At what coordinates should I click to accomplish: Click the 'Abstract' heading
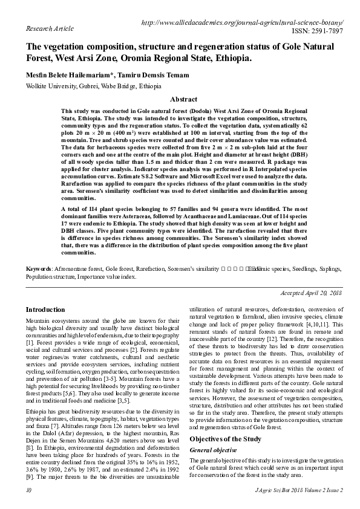184,99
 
